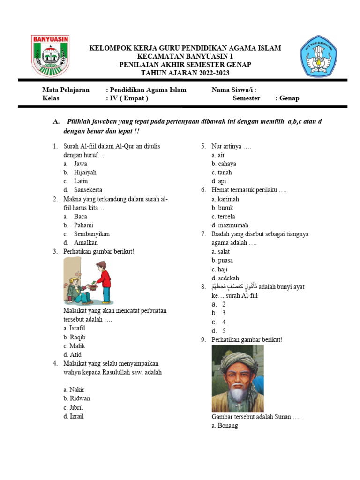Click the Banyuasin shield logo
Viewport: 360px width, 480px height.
[x=50, y=56]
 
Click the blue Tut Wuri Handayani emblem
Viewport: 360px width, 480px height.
[x=318, y=56]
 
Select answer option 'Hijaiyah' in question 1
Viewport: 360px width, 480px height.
[x=85, y=172]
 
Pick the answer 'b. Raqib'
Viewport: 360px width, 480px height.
[x=75, y=337]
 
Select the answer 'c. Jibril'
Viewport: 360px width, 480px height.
[x=73, y=407]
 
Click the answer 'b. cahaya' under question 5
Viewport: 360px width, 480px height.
[x=224, y=164]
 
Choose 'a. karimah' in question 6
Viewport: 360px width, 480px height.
[x=225, y=199]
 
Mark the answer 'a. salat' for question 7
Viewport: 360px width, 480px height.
[x=220, y=252]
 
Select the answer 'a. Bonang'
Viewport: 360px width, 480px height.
[x=225, y=426]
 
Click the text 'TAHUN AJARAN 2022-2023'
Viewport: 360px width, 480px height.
[x=186, y=73]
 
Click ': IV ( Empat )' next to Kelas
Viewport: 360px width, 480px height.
[x=127, y=98]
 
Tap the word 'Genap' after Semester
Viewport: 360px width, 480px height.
[x=289, y=98]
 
